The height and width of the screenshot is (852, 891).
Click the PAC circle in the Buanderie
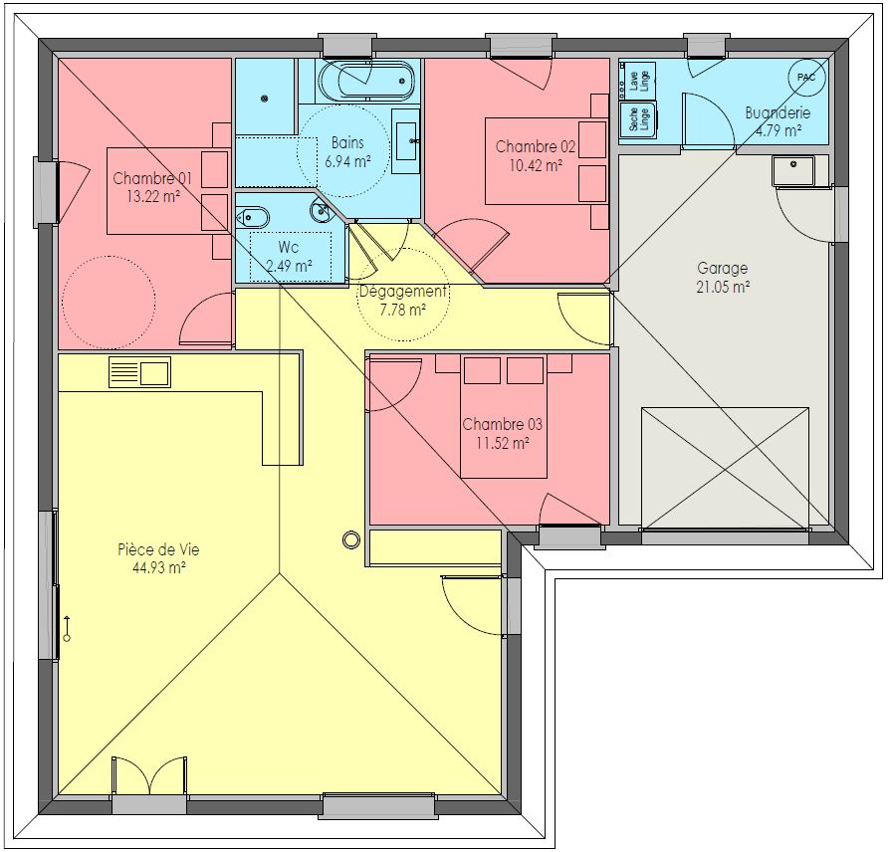[x=805, y=77]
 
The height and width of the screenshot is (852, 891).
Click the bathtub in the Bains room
[x=366, y=81]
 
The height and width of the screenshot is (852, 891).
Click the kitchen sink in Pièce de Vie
[x=139, y=372]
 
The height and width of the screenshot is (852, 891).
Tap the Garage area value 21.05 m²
[x=723, y=287]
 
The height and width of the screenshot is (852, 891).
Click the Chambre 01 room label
[x=152, y=178]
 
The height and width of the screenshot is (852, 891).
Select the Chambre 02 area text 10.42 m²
[x=536, y=165]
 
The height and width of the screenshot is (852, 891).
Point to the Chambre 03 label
[x=503, y=424]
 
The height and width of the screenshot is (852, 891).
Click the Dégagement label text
[x=403, y=292]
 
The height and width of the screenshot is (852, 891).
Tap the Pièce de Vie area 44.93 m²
[x=159, y=567]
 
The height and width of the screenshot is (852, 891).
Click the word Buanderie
[x=778, y=112]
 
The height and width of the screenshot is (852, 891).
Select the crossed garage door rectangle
[x=725, y=468]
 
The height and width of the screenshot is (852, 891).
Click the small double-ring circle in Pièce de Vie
[x=351, y=539]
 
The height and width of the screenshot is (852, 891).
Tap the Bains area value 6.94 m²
[x=347, y=161]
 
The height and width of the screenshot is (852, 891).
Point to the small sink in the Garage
[x=793, y=171]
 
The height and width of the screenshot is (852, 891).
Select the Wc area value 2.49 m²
[x=290, y=266]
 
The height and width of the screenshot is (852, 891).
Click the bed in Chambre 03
[x=504, y=416]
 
